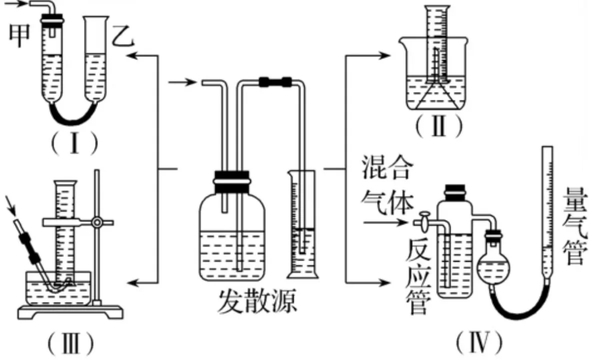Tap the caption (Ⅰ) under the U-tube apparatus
click(x=73, y=143)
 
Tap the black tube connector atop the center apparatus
click(x=275, y=81)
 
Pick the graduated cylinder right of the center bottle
click(x=302, y=225)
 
